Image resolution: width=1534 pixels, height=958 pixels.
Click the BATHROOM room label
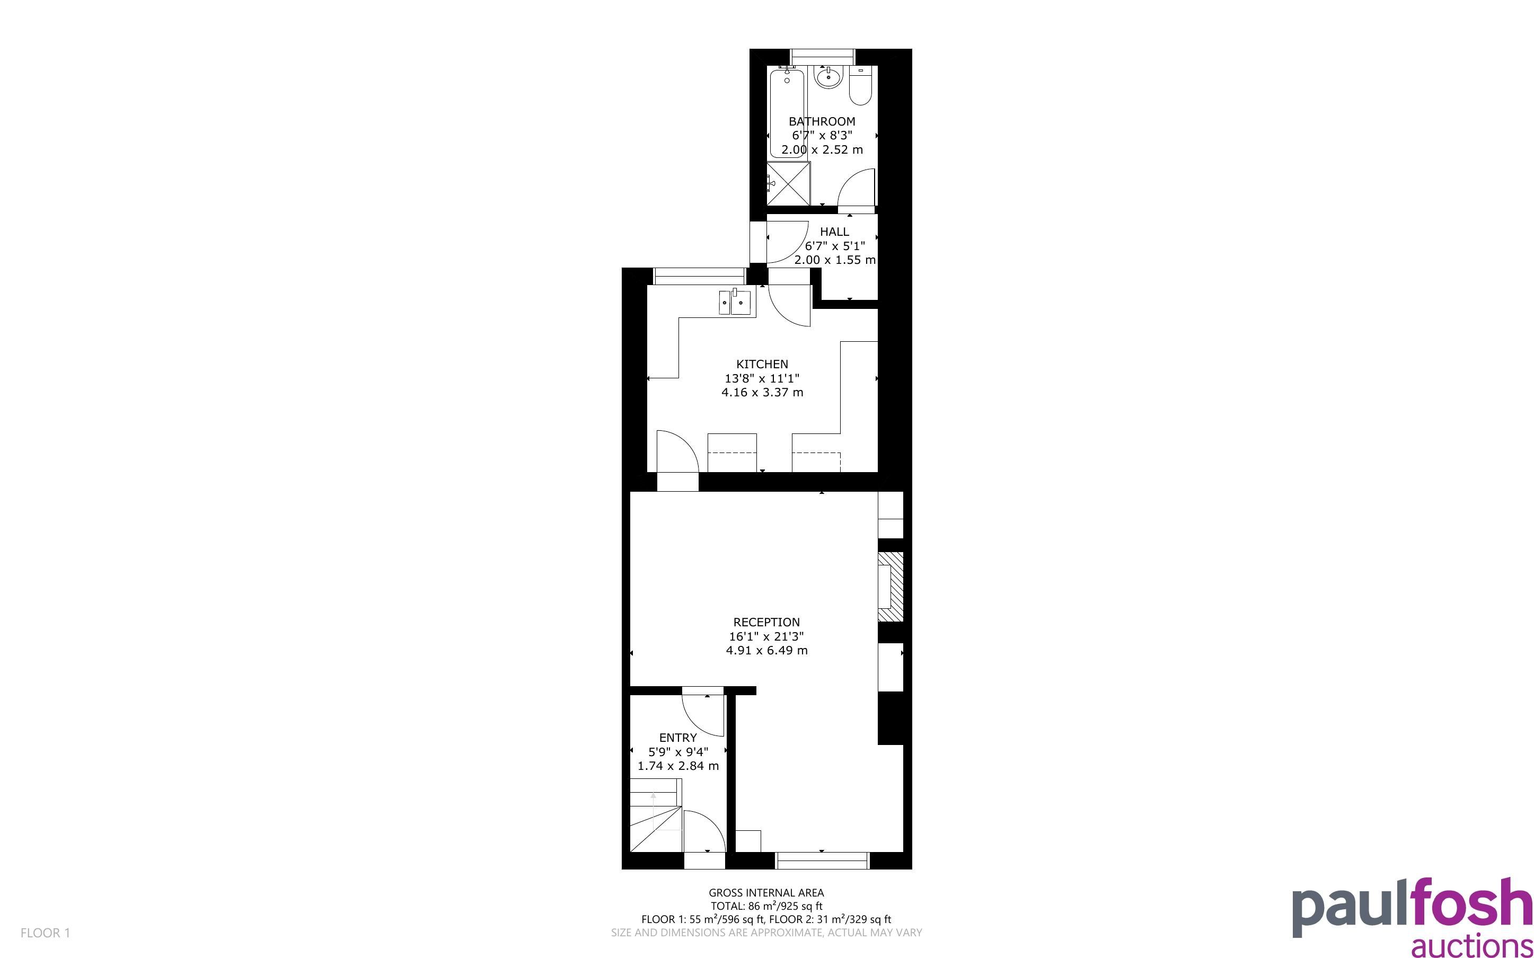pos(822,121)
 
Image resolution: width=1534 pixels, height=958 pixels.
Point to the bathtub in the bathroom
pos(787,112)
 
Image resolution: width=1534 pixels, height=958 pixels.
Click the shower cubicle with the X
pos(788,183)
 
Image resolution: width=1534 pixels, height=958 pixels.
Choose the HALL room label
pos(834,232)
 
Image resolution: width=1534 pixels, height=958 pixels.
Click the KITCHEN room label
pos(762,365)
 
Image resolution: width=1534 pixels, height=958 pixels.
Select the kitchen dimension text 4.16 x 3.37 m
pos(762,392)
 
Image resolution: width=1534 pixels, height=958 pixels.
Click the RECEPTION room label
pos(766,622)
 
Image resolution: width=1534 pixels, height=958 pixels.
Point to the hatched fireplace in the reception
pos(891,587)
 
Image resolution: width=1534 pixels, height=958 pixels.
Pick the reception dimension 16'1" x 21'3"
pos(766,636)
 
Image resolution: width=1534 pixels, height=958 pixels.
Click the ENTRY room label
pos(678,738)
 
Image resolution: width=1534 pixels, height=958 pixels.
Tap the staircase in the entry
pos(656,815)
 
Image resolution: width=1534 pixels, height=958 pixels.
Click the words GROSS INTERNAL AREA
pos(766,893)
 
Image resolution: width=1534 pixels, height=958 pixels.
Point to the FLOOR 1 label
pos(46,933)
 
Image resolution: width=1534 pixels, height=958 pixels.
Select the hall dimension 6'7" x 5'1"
pos(834,246)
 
